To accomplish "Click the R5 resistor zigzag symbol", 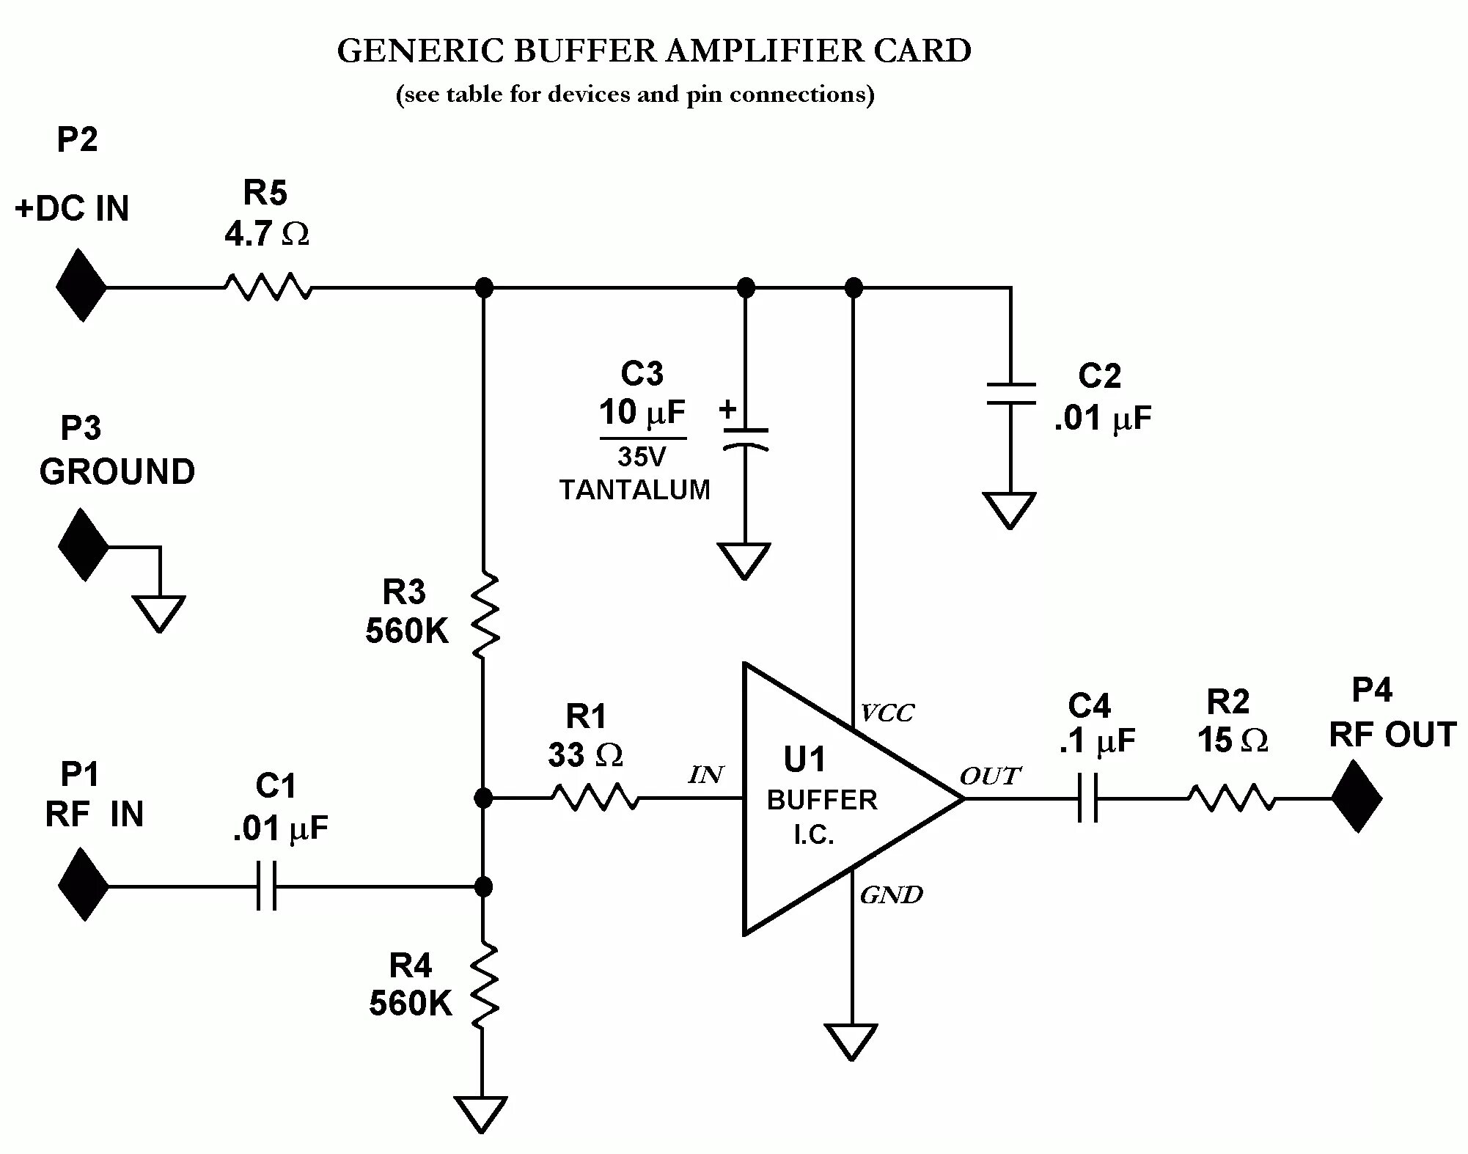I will (268, 287).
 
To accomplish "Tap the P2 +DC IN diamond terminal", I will (81, 285).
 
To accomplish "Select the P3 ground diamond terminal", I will (84, 545).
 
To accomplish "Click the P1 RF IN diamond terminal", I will (84, 884).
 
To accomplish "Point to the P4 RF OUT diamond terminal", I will (1357, 796).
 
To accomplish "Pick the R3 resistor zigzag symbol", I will (484, 616).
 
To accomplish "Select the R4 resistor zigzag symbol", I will (484, 986).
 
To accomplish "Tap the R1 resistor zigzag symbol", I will (595, 797).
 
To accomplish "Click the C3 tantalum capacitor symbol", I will (745, 438).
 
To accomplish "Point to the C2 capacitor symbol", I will (1010, 394).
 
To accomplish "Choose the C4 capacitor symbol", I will (1088, 798).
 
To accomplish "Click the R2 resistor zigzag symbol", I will (1231, 797).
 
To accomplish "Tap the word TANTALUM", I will (635, 490).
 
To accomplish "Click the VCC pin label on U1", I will (887, 713).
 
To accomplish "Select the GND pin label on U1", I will (891, 894).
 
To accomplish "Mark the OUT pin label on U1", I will (989, 776).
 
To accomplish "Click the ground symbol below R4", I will (481, 1113).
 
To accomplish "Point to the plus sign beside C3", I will (727, 408).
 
